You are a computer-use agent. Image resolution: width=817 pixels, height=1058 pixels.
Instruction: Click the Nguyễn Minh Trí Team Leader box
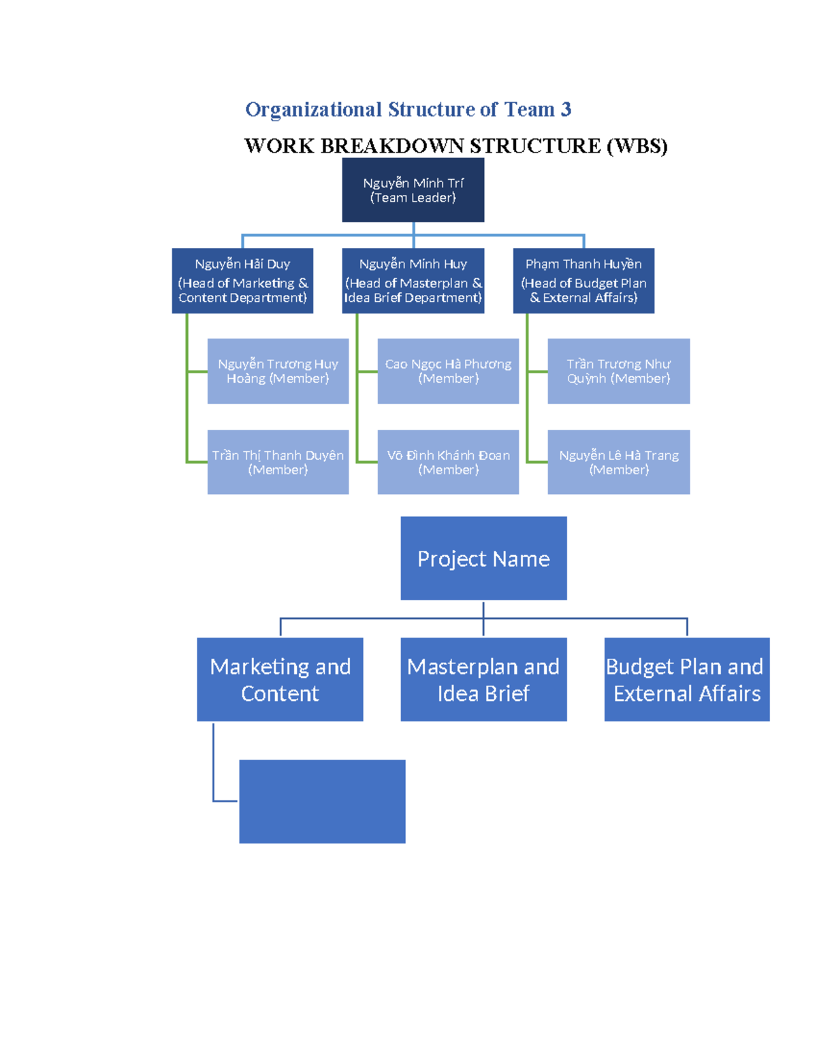click(x=413, y=190)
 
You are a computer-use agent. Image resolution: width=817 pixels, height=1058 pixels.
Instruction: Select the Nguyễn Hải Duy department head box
click(x=242, y=281)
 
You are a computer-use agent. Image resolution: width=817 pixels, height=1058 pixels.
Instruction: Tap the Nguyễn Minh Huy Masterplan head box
click(x=413, y=281)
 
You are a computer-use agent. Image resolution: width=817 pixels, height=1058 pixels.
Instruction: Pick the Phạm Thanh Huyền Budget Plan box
click(x=583, y=281)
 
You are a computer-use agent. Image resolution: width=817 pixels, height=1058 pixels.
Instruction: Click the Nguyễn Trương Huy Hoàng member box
click(x=278, y=371)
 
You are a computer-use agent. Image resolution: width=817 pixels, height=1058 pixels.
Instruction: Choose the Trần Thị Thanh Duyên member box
click(x=278, y=462)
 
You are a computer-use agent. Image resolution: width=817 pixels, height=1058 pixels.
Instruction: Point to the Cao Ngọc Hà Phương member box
click(x=448, y=371)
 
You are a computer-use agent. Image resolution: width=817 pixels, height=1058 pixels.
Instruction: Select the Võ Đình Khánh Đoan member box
click(x=448, y=462)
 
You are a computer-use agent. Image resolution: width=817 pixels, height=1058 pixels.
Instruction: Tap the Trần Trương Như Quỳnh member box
click(x=618, y=371)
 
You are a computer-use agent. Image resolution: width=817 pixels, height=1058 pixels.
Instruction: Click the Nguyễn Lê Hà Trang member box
click(x=618, y=462)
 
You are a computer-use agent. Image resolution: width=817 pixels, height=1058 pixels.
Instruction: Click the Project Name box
click(x=483, y=559)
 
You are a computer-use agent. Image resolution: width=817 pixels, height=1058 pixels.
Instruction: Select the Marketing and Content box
click(x=280, y=679)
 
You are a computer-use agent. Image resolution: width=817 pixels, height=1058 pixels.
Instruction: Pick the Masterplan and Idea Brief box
click(x=483, y=679)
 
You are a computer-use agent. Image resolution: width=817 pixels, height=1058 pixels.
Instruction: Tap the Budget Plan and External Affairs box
click(x=686, y=679)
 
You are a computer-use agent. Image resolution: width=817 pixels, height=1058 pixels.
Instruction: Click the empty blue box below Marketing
click(x=322, y=801)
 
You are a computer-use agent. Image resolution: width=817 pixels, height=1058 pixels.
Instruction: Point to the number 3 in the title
click(x=566, y=110)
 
